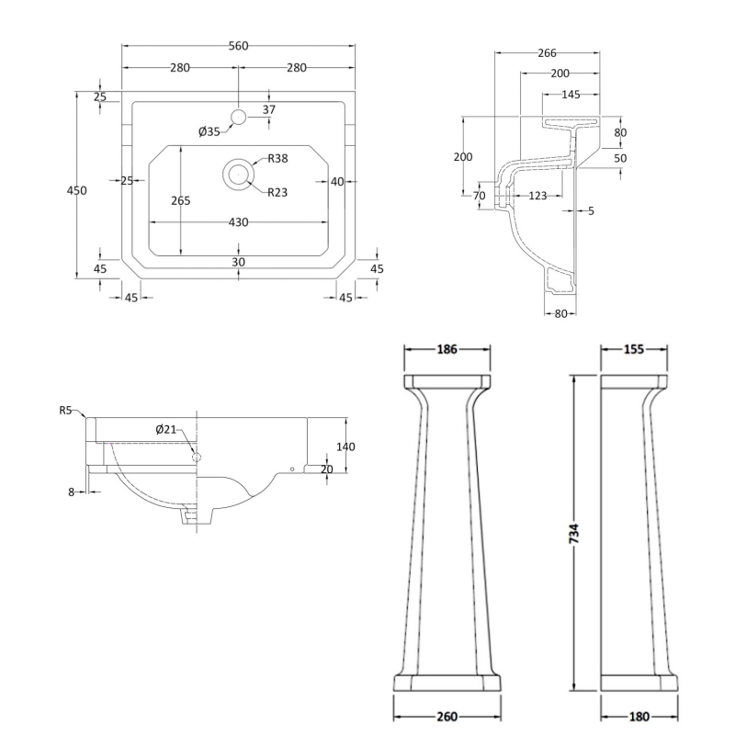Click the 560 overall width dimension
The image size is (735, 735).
(238, 46)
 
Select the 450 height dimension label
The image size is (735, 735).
(76, 190)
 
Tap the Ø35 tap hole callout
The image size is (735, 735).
(209, 131)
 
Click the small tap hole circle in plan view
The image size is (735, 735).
(239, 117)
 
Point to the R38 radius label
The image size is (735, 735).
(277, 158)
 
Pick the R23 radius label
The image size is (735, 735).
(277, 192)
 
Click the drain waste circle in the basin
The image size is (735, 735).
(239, 174)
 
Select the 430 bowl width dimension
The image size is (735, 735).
(238, 222)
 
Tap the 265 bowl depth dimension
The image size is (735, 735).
(180, 200)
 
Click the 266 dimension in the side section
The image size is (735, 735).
(547, 53)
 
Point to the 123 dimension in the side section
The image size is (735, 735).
(537, 196)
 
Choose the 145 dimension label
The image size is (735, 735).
(571, 95)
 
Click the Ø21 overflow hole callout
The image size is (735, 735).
(166, 429)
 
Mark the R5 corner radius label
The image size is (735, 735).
(65, 410)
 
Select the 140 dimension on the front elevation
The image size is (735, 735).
(345, 447)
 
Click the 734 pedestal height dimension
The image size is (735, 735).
(574, 534)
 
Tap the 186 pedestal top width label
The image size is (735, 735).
(447, 349)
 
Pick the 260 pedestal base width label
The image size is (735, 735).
(447, 717)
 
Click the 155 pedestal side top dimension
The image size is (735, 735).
(634, 349)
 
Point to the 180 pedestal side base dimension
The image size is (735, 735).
(639, 717)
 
